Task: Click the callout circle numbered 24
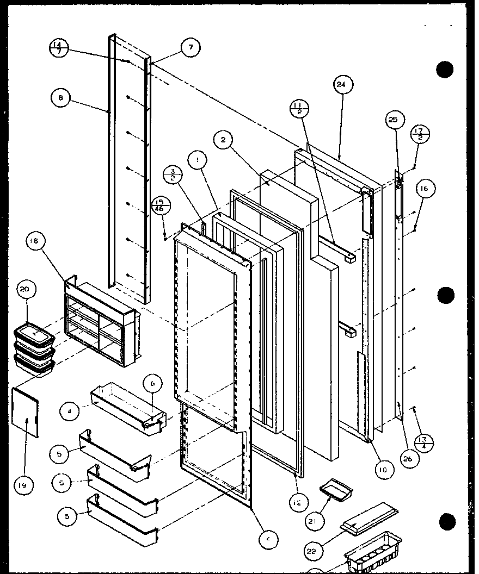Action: coord(341,85)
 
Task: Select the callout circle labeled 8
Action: coord(60,98)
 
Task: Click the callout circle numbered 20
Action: coord(25,290)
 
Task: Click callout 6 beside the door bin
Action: coord(152,384)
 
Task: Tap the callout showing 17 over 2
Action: coord(421,134)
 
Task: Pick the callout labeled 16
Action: coord(425,189)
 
